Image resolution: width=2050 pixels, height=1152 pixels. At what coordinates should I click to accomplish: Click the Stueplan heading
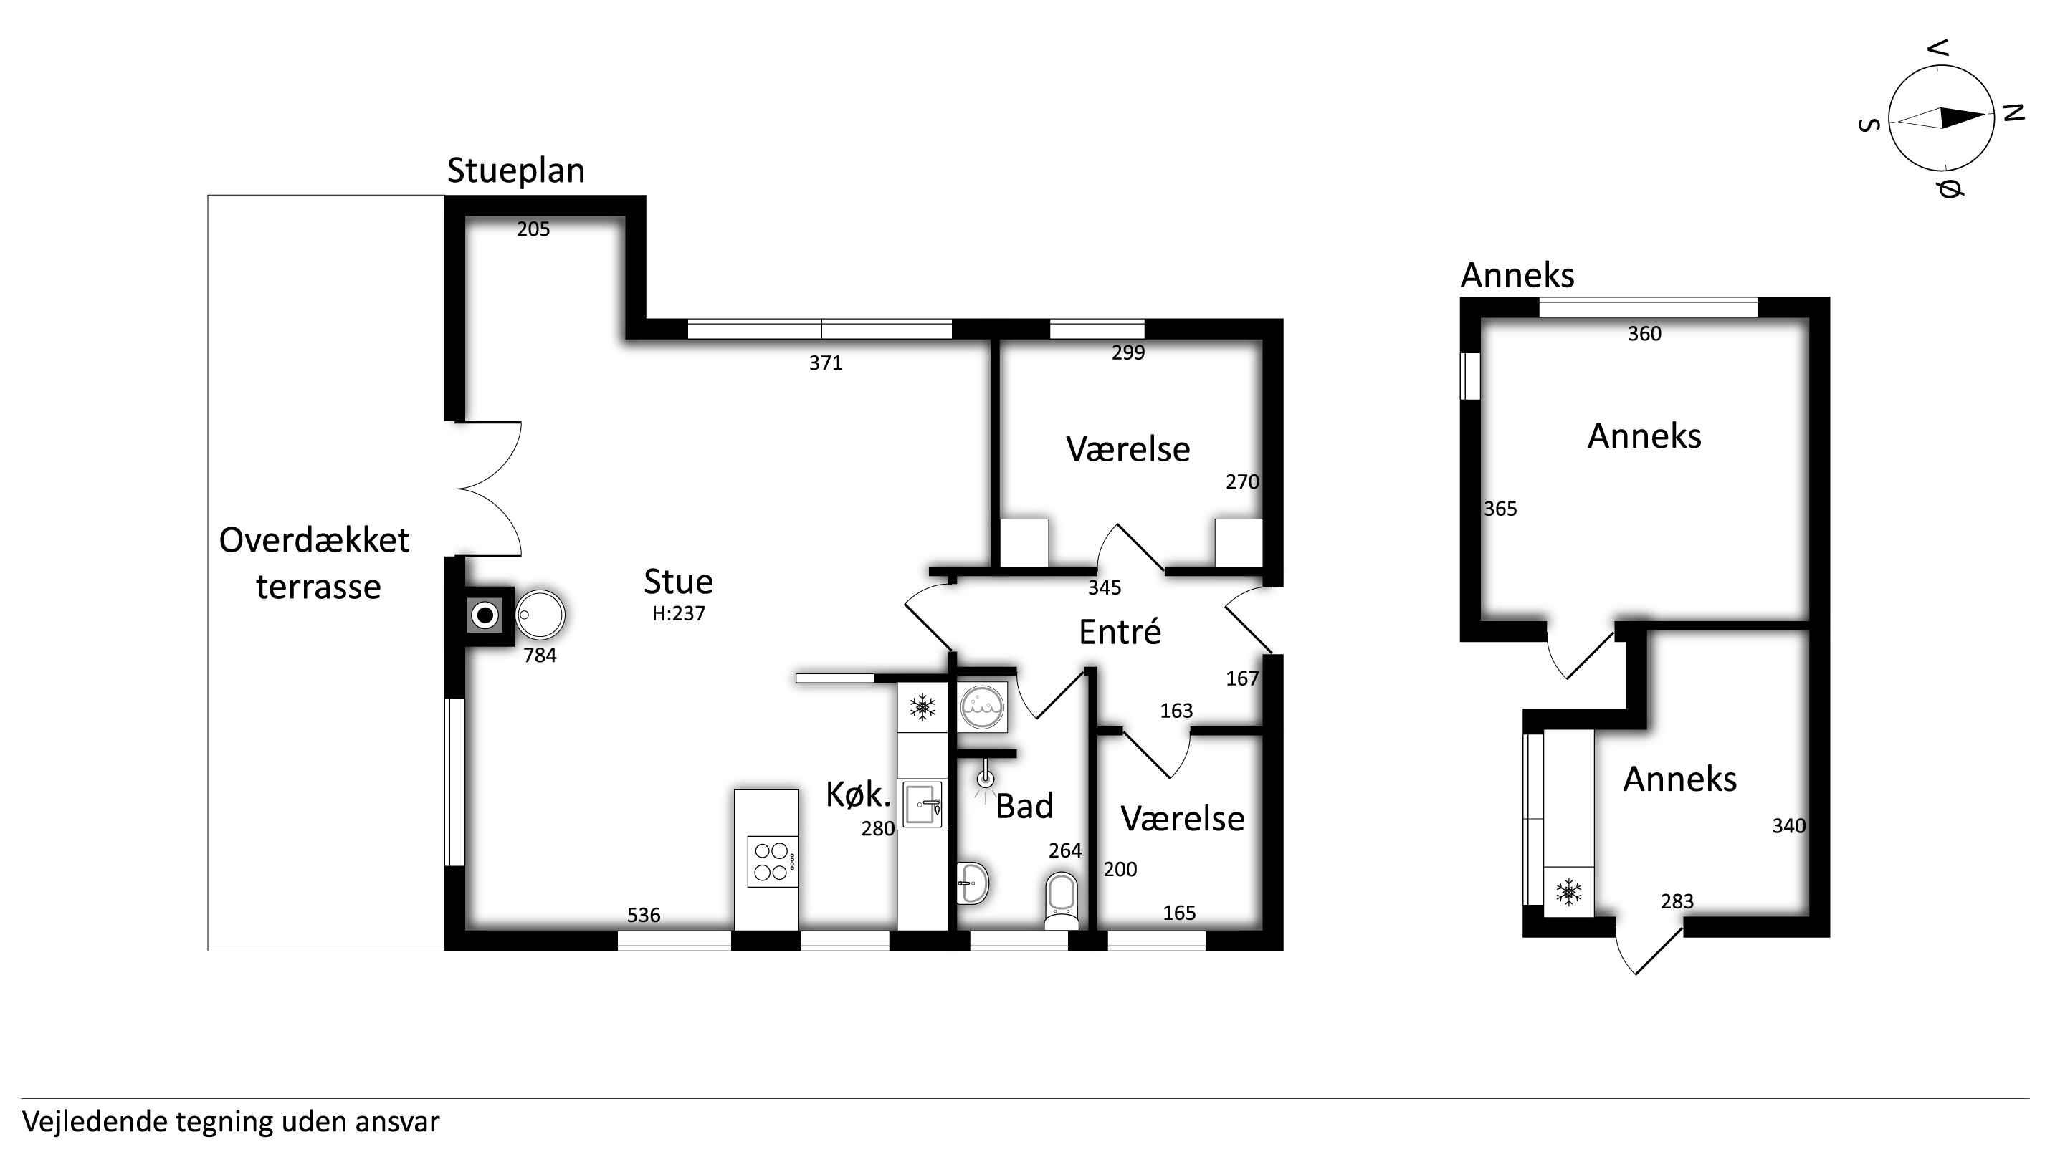pos(515,171)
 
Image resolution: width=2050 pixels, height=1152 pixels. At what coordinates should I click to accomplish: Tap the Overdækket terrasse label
pos(315,563)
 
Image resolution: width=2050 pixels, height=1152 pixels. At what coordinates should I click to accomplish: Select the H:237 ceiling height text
pos(678,613)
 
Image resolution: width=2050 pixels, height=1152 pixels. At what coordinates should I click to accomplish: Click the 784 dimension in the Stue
pos(540,655)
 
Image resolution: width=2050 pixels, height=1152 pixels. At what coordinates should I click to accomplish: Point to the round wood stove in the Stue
pos(540,614)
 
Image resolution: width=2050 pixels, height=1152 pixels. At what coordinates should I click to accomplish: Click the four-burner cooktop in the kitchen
pos(772,861)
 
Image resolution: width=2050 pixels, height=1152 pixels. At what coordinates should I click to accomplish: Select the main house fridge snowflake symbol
pos(922,706)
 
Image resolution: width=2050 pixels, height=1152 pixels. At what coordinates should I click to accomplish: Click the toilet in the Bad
pos(1061,901)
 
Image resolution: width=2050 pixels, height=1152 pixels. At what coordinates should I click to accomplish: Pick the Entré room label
pos(1120,632)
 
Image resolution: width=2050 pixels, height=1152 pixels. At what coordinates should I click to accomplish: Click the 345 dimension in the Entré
pos(1105,588)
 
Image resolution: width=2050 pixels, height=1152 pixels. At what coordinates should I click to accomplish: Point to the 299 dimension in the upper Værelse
pos(1127,352)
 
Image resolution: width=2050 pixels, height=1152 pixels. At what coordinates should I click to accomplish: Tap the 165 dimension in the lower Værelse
pos(1179,913)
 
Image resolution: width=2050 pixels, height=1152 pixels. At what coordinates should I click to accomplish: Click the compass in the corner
pos(1941,117)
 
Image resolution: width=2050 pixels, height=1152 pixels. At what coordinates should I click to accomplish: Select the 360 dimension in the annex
pos(1644,333)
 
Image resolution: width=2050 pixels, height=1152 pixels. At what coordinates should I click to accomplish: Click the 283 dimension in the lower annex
pos(1677,901)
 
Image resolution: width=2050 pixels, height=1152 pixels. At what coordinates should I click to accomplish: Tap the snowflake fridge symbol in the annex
pos(1568,892)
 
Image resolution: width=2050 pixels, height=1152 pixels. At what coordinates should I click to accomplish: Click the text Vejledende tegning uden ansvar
pos(231,1122)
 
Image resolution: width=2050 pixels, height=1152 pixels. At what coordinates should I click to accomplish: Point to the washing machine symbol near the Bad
pos(983,706)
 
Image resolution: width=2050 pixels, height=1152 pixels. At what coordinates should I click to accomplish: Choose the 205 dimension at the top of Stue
pos(533,229)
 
